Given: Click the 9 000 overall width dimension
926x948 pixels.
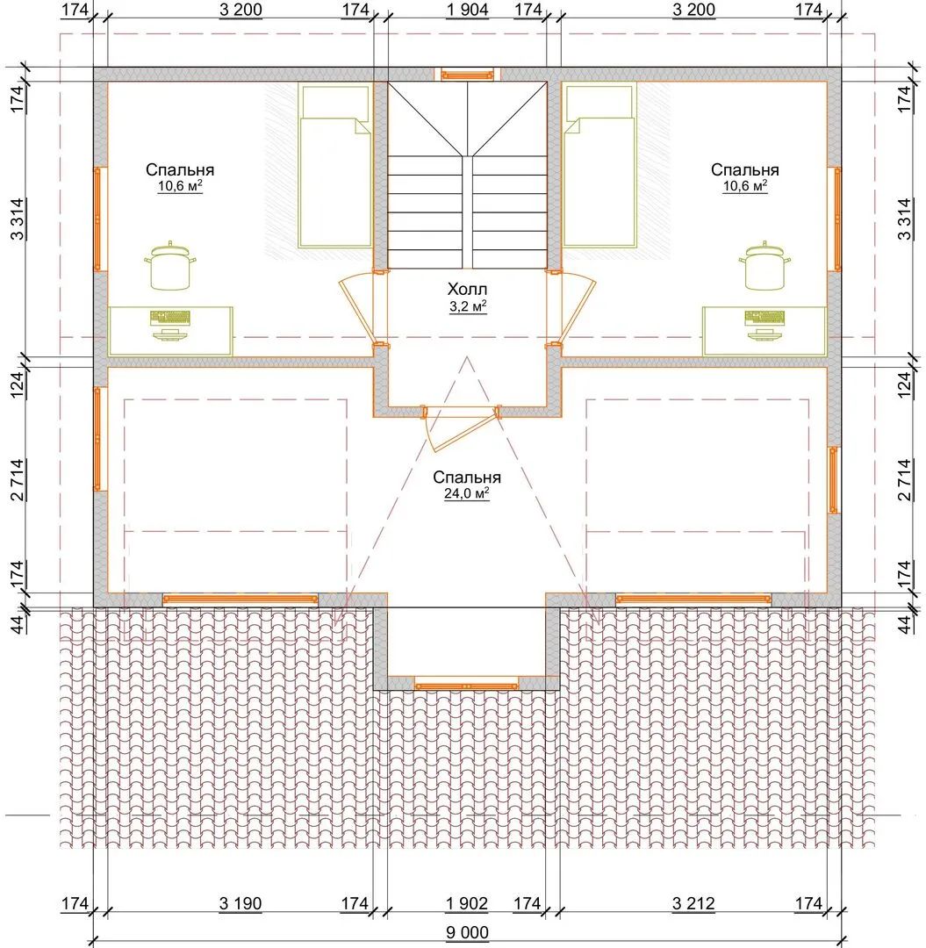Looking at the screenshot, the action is coord(467,932).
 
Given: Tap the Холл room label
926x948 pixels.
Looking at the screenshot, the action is coord(467,289).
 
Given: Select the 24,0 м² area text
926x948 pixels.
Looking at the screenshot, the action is coord(467,493).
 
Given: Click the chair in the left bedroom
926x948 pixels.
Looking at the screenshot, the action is coord(170,265).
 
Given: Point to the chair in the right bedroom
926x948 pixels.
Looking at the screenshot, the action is coord(764,265).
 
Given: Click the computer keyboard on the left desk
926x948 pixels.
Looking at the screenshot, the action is coord(170,317).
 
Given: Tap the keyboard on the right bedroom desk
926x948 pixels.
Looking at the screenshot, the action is coord(764,317).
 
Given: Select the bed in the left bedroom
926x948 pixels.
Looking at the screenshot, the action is coord(335,165).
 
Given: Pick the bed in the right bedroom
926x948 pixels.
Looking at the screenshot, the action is coord(599,165).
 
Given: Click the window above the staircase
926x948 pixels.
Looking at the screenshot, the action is coord(467,75).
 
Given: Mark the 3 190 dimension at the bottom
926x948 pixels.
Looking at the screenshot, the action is coord(240,904).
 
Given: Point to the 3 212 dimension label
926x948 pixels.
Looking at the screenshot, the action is coord(693,904).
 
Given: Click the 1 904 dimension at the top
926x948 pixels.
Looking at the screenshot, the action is coord(467,10).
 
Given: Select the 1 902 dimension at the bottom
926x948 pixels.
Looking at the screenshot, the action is coord(467,904).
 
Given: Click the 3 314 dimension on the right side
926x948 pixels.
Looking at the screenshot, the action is coord(904,219).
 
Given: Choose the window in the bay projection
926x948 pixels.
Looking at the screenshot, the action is coord(466,686).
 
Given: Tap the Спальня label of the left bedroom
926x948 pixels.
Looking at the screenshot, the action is coord(180,170).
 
